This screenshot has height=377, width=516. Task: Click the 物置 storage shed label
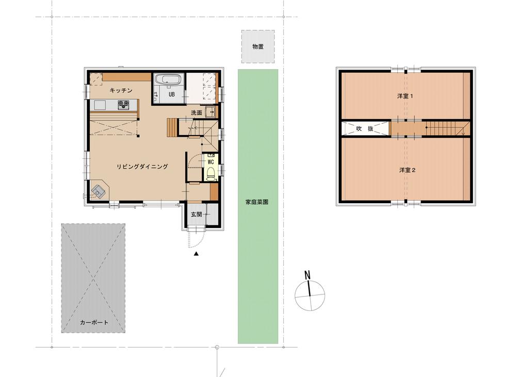[x=258, y=47]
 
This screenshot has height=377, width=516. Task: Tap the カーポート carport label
[x=94, y=322]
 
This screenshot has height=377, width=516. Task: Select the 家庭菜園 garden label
[x=257, y=202]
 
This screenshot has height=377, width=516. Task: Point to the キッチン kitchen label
[x=121, y=90]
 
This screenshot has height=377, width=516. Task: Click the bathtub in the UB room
[x=168, y=80]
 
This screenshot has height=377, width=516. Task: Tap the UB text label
[x=172, y=94]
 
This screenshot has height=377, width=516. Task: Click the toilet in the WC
[x=211, y=173]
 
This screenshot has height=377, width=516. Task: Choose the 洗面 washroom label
[x=197, y=112]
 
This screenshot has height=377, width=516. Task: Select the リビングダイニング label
[x=142, y=167]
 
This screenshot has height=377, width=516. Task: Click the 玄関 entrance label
[x=197, y=214]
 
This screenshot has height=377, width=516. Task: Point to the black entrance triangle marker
[x=196, y=254]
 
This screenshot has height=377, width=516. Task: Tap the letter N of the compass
[x=308, y=275]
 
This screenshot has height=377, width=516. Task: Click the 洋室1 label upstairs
[x=405, y=96]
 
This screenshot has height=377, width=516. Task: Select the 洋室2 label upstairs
[x=408, y=170]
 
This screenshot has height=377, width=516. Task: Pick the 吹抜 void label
[x=365, y=128]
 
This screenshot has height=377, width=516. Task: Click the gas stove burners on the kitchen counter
[x=124, y=105]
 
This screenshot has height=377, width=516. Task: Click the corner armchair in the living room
[x=98, y=190]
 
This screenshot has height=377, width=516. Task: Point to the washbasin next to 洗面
[x=210, y=112]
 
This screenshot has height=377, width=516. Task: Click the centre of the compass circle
[x=310, y=295]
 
